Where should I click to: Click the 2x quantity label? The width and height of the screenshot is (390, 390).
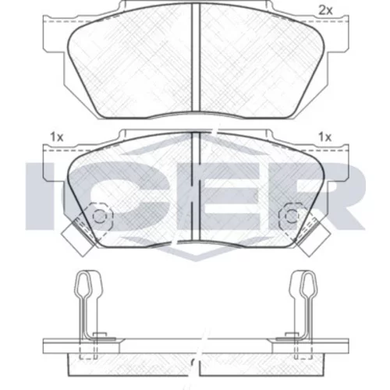(x=325, y=11)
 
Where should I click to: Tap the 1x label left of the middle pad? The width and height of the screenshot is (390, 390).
(x=57, y=136)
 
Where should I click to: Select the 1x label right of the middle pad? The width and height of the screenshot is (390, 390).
(x=325, y=136)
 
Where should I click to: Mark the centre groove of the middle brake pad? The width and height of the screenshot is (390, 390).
(x=195, y=186)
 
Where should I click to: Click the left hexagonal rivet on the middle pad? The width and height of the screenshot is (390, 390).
(x=100, y=216)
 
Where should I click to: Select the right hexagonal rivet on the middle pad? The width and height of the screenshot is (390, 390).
(x=291, y=216)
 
